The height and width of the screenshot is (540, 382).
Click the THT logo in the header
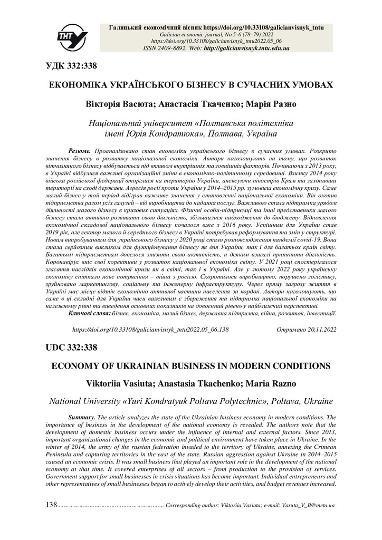pos(73,36)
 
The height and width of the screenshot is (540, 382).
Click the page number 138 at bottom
pos(52,505)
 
